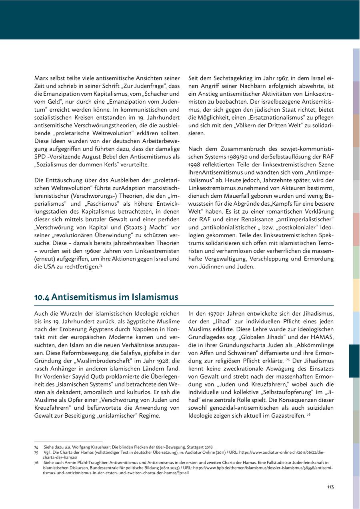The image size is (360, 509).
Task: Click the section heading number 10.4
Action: coord(42,297)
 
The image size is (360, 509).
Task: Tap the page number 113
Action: coord(330,487)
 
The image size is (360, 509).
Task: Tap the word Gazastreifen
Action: coord(284,416)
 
